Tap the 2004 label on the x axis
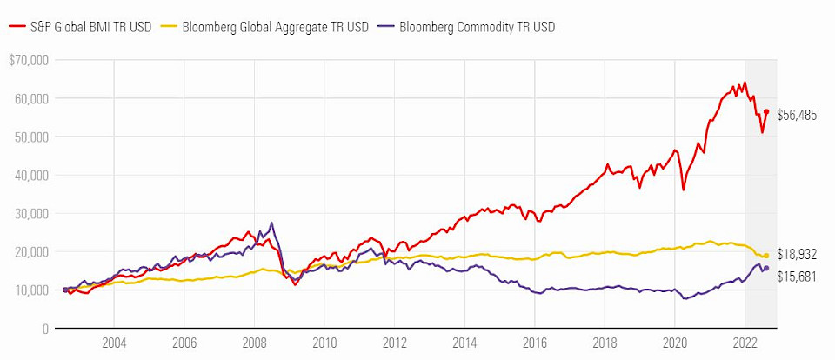click(113, 343)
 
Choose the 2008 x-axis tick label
click(254, 343)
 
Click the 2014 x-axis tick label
click(464, 343)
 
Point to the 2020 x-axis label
click(675, 343)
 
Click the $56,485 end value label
click(797, 115)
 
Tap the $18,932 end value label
click(797, 254)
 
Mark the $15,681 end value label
click(797, 276)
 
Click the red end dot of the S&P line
click(766, 111)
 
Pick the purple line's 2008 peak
click(271, 223)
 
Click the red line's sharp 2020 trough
click(684, 190)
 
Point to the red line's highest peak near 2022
click(745, 83)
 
